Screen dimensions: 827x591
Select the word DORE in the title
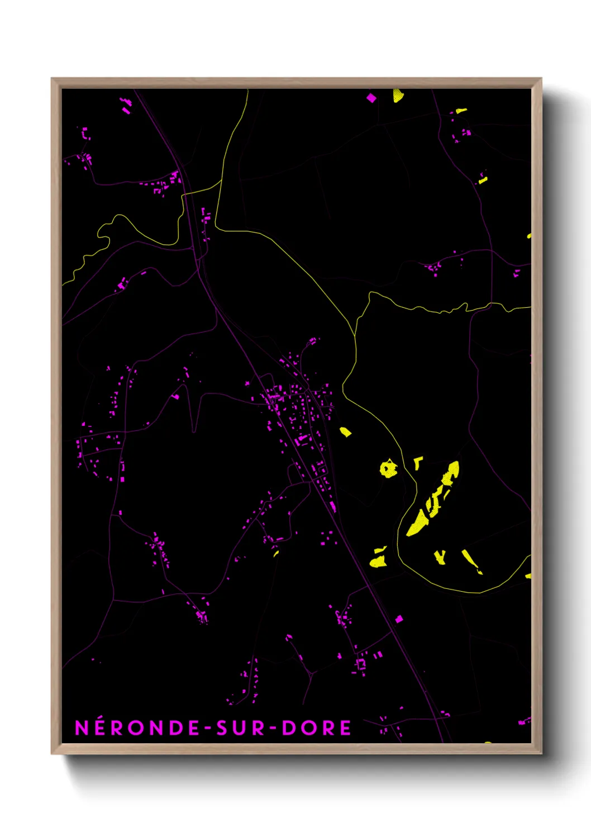(316, 728)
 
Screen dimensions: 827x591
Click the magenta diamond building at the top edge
(371, 98)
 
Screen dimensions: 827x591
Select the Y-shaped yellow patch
(440, 557)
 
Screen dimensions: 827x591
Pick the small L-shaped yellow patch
(417, 462)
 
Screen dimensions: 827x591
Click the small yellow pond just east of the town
(346, 431)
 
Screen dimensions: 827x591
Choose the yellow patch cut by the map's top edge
(398, 95)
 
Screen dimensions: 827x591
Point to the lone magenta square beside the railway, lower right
(399, 619)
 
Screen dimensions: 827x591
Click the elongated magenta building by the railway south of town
(333, 506)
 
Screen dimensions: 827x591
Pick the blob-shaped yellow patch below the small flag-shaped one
(379, 561)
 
